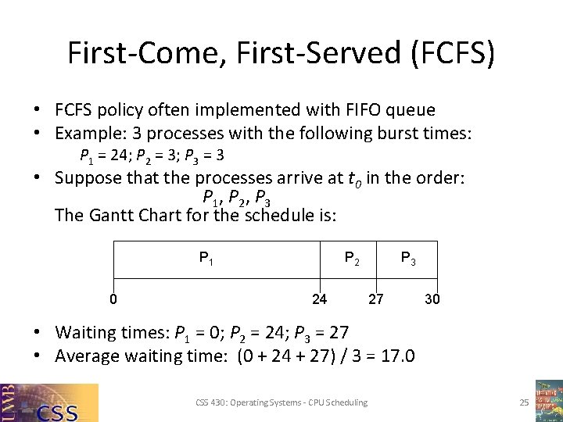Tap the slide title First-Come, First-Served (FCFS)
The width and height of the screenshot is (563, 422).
(281, 53)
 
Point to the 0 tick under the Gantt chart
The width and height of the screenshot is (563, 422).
(114, 298)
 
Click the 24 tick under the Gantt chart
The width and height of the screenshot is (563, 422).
(319, 298)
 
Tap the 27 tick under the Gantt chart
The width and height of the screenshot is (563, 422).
(376, 298)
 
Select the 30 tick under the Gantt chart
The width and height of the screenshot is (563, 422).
(432, 298)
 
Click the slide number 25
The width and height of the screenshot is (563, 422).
(524, 402)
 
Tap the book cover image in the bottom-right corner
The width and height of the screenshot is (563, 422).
(549, 401)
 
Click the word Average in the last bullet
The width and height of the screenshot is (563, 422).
(85, 356)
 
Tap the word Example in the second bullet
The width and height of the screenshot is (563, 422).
(88, 134)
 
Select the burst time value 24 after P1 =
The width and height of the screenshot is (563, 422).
(120, 156)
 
